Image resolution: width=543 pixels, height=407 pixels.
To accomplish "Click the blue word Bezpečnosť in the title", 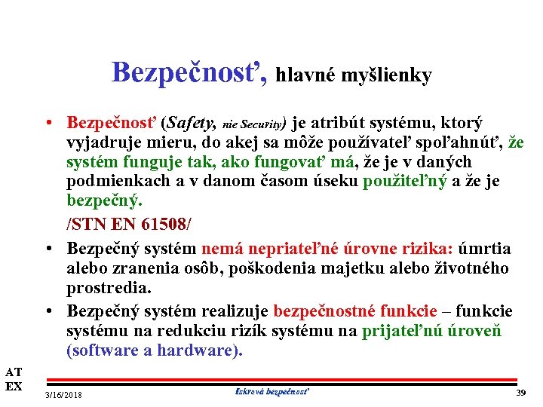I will (x=189, y=72).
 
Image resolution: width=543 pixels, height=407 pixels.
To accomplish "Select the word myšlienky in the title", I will (x=387, y=75).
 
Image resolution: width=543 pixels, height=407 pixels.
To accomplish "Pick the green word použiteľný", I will (x=403, y=182).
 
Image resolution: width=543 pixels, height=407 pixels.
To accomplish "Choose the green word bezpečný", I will (x=103, y=203).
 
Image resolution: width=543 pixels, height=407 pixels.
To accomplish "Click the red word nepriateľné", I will (x=290, y=249).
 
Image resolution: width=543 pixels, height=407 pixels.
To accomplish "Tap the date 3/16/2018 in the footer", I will (x=64, y=394).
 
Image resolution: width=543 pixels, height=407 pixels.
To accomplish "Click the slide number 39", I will (x=520, y=393).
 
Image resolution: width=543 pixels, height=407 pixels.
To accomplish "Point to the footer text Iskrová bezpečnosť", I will (x=272, y=391).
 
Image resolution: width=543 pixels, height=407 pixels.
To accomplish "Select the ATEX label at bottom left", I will (x=14, y=379).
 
